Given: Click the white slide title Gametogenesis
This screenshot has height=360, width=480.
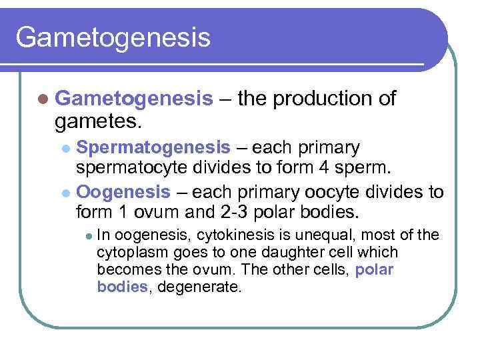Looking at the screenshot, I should tap(113, 37).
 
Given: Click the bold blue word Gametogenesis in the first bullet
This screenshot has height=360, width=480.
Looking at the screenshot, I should tap(134, 99).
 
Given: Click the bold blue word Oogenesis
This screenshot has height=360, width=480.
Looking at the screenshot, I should tap(124, 192).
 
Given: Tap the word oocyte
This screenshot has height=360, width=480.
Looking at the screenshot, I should tap(333, 192).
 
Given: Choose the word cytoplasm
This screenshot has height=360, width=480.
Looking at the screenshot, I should tap(129, 253).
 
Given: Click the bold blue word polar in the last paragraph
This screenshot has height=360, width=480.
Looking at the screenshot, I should tap(375, 269).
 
